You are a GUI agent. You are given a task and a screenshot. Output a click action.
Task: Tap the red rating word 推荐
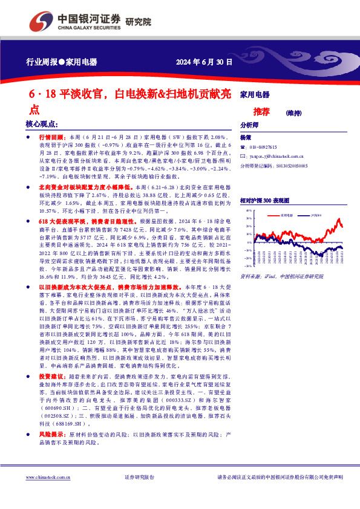[x=261, y=111]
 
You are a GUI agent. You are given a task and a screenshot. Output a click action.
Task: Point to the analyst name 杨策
[x=245, y=138]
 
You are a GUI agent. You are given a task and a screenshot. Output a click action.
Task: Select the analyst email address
[x=273, y=155]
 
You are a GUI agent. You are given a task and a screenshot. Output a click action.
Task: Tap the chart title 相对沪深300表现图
[x=264, y=199]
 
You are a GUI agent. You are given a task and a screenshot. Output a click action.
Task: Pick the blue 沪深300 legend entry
[x=316, y=215]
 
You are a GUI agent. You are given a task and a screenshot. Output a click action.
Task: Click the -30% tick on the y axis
[x=249, y=265]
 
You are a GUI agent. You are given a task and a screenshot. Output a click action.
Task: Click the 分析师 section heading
[x=249, y=125]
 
